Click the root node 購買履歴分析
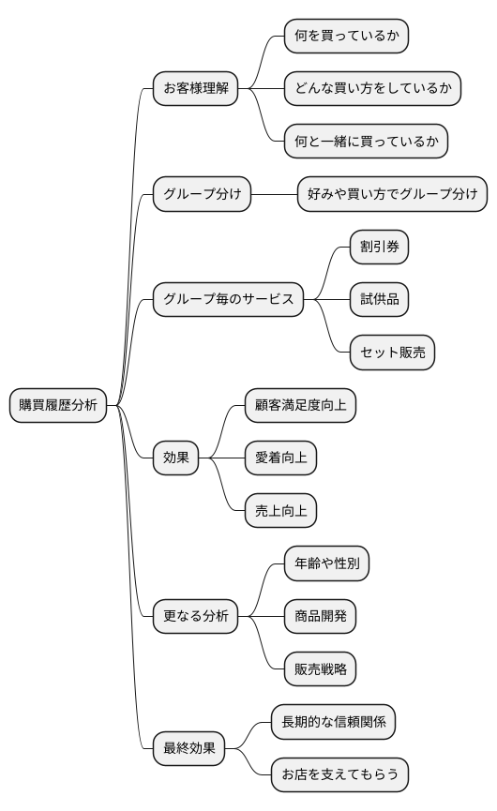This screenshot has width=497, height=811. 58,405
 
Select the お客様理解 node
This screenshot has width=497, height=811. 195,89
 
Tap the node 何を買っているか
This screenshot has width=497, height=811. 346,36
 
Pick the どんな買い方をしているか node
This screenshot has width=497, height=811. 372,89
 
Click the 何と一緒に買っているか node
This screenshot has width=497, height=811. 366,142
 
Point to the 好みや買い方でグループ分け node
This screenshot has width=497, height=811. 392,194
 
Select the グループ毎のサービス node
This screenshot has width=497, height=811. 229,300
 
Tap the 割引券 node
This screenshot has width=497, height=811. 379,248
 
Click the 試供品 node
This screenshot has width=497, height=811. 379,300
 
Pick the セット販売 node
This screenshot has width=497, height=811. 392,353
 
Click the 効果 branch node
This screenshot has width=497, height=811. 176,458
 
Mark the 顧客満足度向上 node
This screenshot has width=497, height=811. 300,405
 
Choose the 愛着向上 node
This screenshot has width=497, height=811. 280,458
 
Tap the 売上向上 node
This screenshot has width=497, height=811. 280,511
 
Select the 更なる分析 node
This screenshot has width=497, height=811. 195,617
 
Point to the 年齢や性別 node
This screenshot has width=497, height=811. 326,563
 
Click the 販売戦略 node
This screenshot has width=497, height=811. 320,669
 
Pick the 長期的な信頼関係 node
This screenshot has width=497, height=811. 333,722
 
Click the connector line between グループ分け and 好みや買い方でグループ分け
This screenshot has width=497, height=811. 274,194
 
